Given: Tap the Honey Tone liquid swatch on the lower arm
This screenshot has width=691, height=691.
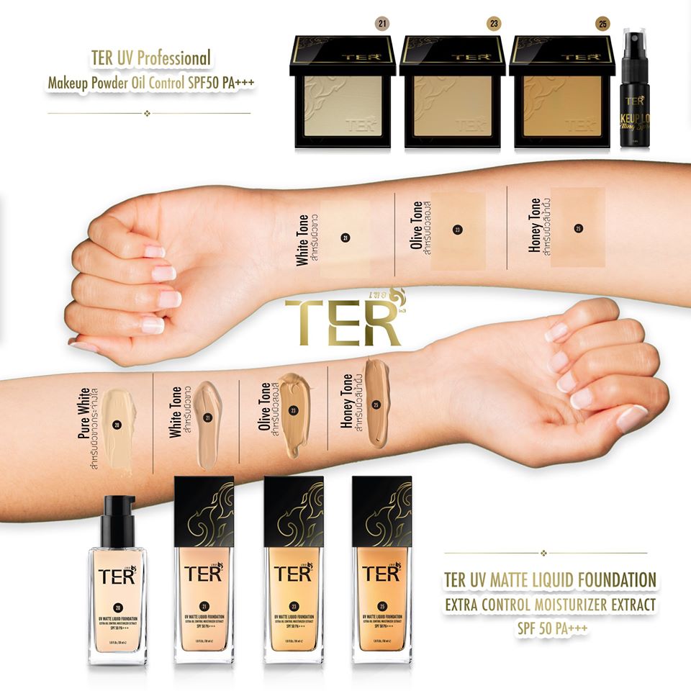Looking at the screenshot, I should point(376,399).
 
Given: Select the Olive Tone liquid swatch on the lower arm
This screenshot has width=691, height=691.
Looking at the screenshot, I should point(294,414).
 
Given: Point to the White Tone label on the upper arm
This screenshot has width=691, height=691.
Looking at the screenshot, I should point(303,240).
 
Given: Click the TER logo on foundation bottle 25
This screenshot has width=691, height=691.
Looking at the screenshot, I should point(381,573).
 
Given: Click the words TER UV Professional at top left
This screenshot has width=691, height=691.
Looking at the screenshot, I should point(151,57).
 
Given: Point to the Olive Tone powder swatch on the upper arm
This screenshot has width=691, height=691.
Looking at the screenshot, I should point(457,230).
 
